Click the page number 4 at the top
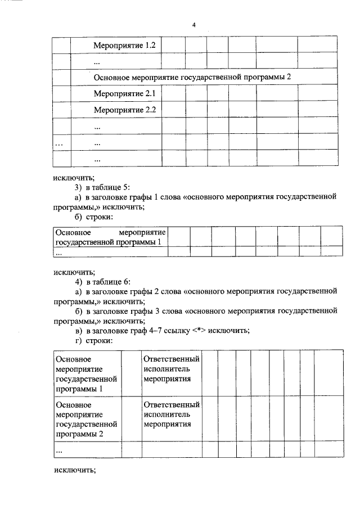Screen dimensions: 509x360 click(193, 25)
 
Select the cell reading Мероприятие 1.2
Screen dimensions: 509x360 click(116, 44)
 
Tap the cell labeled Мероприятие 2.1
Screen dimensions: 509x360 click(116, 93)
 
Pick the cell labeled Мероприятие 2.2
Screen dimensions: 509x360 click(116, 110)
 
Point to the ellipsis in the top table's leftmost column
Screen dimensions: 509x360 click(59, 143)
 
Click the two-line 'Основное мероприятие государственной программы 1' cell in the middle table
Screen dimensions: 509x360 click(110, 237)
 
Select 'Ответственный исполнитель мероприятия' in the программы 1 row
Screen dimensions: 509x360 click(171, 368)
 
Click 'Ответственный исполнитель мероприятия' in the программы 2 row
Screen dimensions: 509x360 click(171, 415)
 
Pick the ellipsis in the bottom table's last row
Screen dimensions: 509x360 click(60, 450)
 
